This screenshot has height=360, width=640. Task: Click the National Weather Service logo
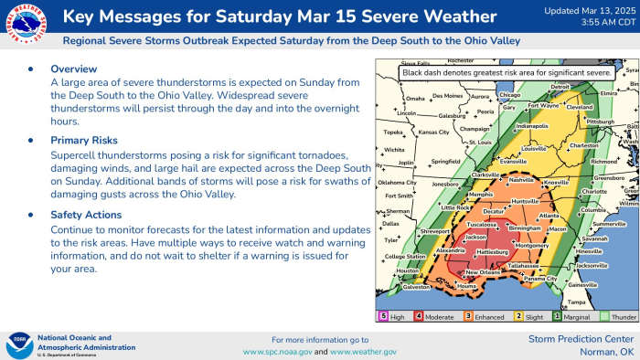point(27,26)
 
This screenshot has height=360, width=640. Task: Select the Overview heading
point(73,69)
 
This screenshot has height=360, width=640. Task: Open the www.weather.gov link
point(363,352)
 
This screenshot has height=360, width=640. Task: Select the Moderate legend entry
point(436,316)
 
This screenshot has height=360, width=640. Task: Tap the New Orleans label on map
point(484,273)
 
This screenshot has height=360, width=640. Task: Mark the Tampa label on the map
point(575,302)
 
